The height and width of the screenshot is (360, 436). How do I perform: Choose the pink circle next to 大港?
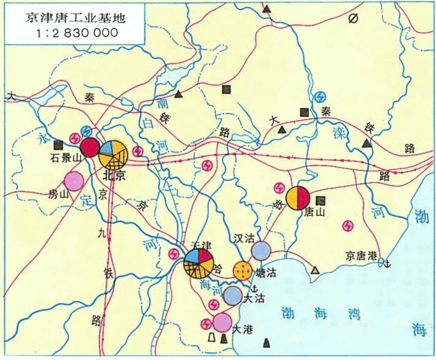223,321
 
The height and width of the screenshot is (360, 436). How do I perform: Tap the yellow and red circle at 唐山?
298,198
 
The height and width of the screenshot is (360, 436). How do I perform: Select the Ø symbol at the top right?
353,19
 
